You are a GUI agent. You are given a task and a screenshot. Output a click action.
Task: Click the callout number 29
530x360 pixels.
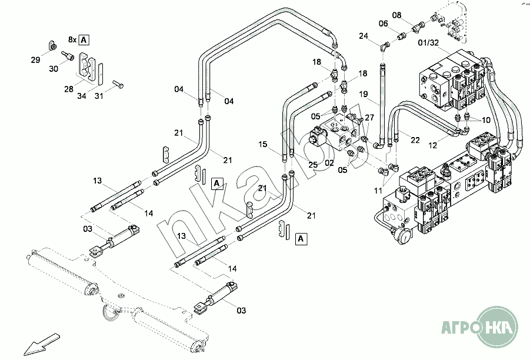[x=35, y=60]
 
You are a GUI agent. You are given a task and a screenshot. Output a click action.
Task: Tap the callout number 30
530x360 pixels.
[x=54, y=69]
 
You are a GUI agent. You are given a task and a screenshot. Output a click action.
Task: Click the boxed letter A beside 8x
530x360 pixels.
[x=84, y=39]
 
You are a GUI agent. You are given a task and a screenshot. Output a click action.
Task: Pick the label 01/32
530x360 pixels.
[x=428, y=42]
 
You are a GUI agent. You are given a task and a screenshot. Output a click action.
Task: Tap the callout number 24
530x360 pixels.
[x=364, y=36]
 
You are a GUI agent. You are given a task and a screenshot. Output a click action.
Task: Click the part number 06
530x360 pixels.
[x=384, y=24]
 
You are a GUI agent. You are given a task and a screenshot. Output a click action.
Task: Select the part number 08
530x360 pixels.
[x=396, y=15]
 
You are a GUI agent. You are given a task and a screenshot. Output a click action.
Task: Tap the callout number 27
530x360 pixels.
[x=369, y=118]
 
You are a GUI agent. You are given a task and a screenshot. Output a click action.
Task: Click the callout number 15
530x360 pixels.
[x=262, y=144]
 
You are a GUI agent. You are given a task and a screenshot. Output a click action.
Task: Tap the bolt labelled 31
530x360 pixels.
[x=118, y=85]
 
